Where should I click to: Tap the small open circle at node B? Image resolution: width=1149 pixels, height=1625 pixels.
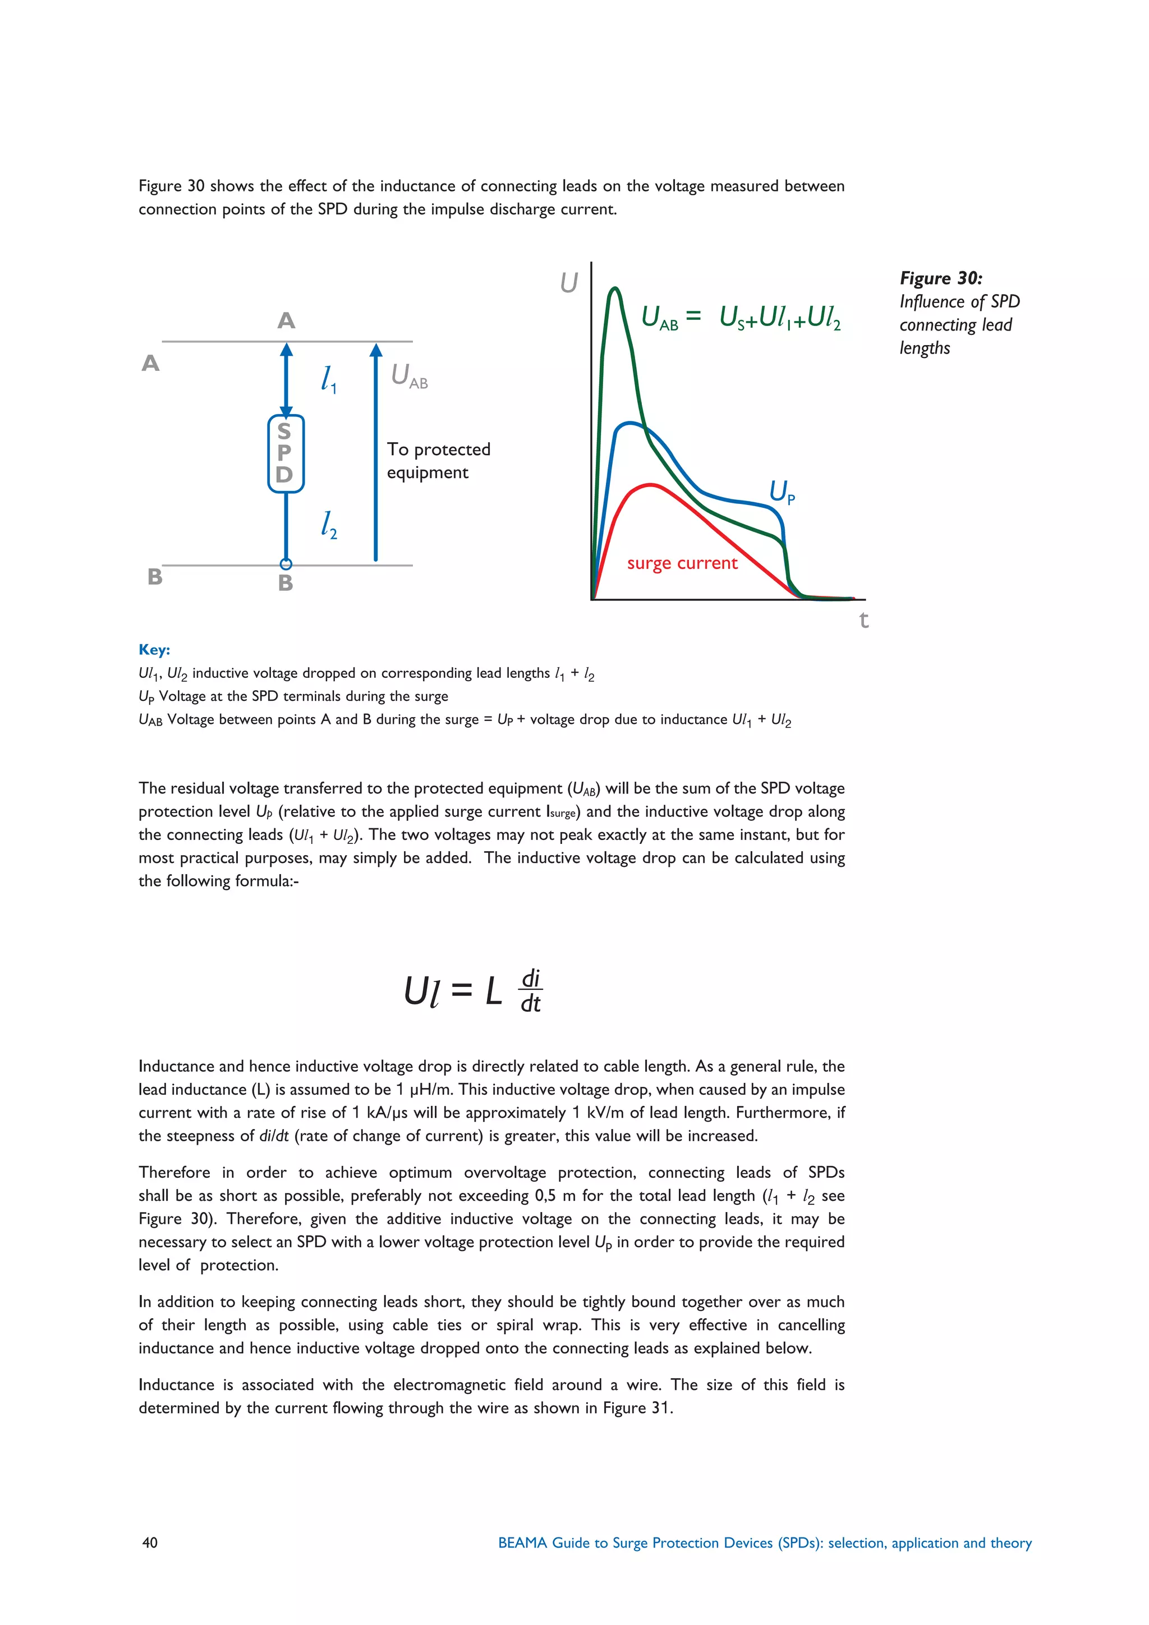pos(286,564)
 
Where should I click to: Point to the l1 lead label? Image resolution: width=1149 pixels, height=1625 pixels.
pos(328,379)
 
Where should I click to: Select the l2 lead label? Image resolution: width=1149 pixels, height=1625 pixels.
pos(328,525)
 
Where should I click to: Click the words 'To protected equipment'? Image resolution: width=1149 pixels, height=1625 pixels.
pos(438,461)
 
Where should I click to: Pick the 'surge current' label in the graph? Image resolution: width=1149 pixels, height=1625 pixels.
pos(682,563)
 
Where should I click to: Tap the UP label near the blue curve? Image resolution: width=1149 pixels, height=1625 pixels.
pos(782,491)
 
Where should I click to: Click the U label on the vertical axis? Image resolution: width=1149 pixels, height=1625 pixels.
pos(569,283)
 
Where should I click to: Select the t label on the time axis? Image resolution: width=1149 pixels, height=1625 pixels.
pos(863,620)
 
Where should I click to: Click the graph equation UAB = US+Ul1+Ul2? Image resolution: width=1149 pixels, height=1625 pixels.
pos(741,318)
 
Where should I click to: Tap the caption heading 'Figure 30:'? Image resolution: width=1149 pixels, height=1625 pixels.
pos(940,278)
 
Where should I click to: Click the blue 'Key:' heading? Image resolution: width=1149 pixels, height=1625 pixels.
pos(154,650)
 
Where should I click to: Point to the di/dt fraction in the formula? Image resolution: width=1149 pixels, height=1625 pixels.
pos(531,991)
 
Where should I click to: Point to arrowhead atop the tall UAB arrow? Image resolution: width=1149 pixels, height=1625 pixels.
pos(376,350)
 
